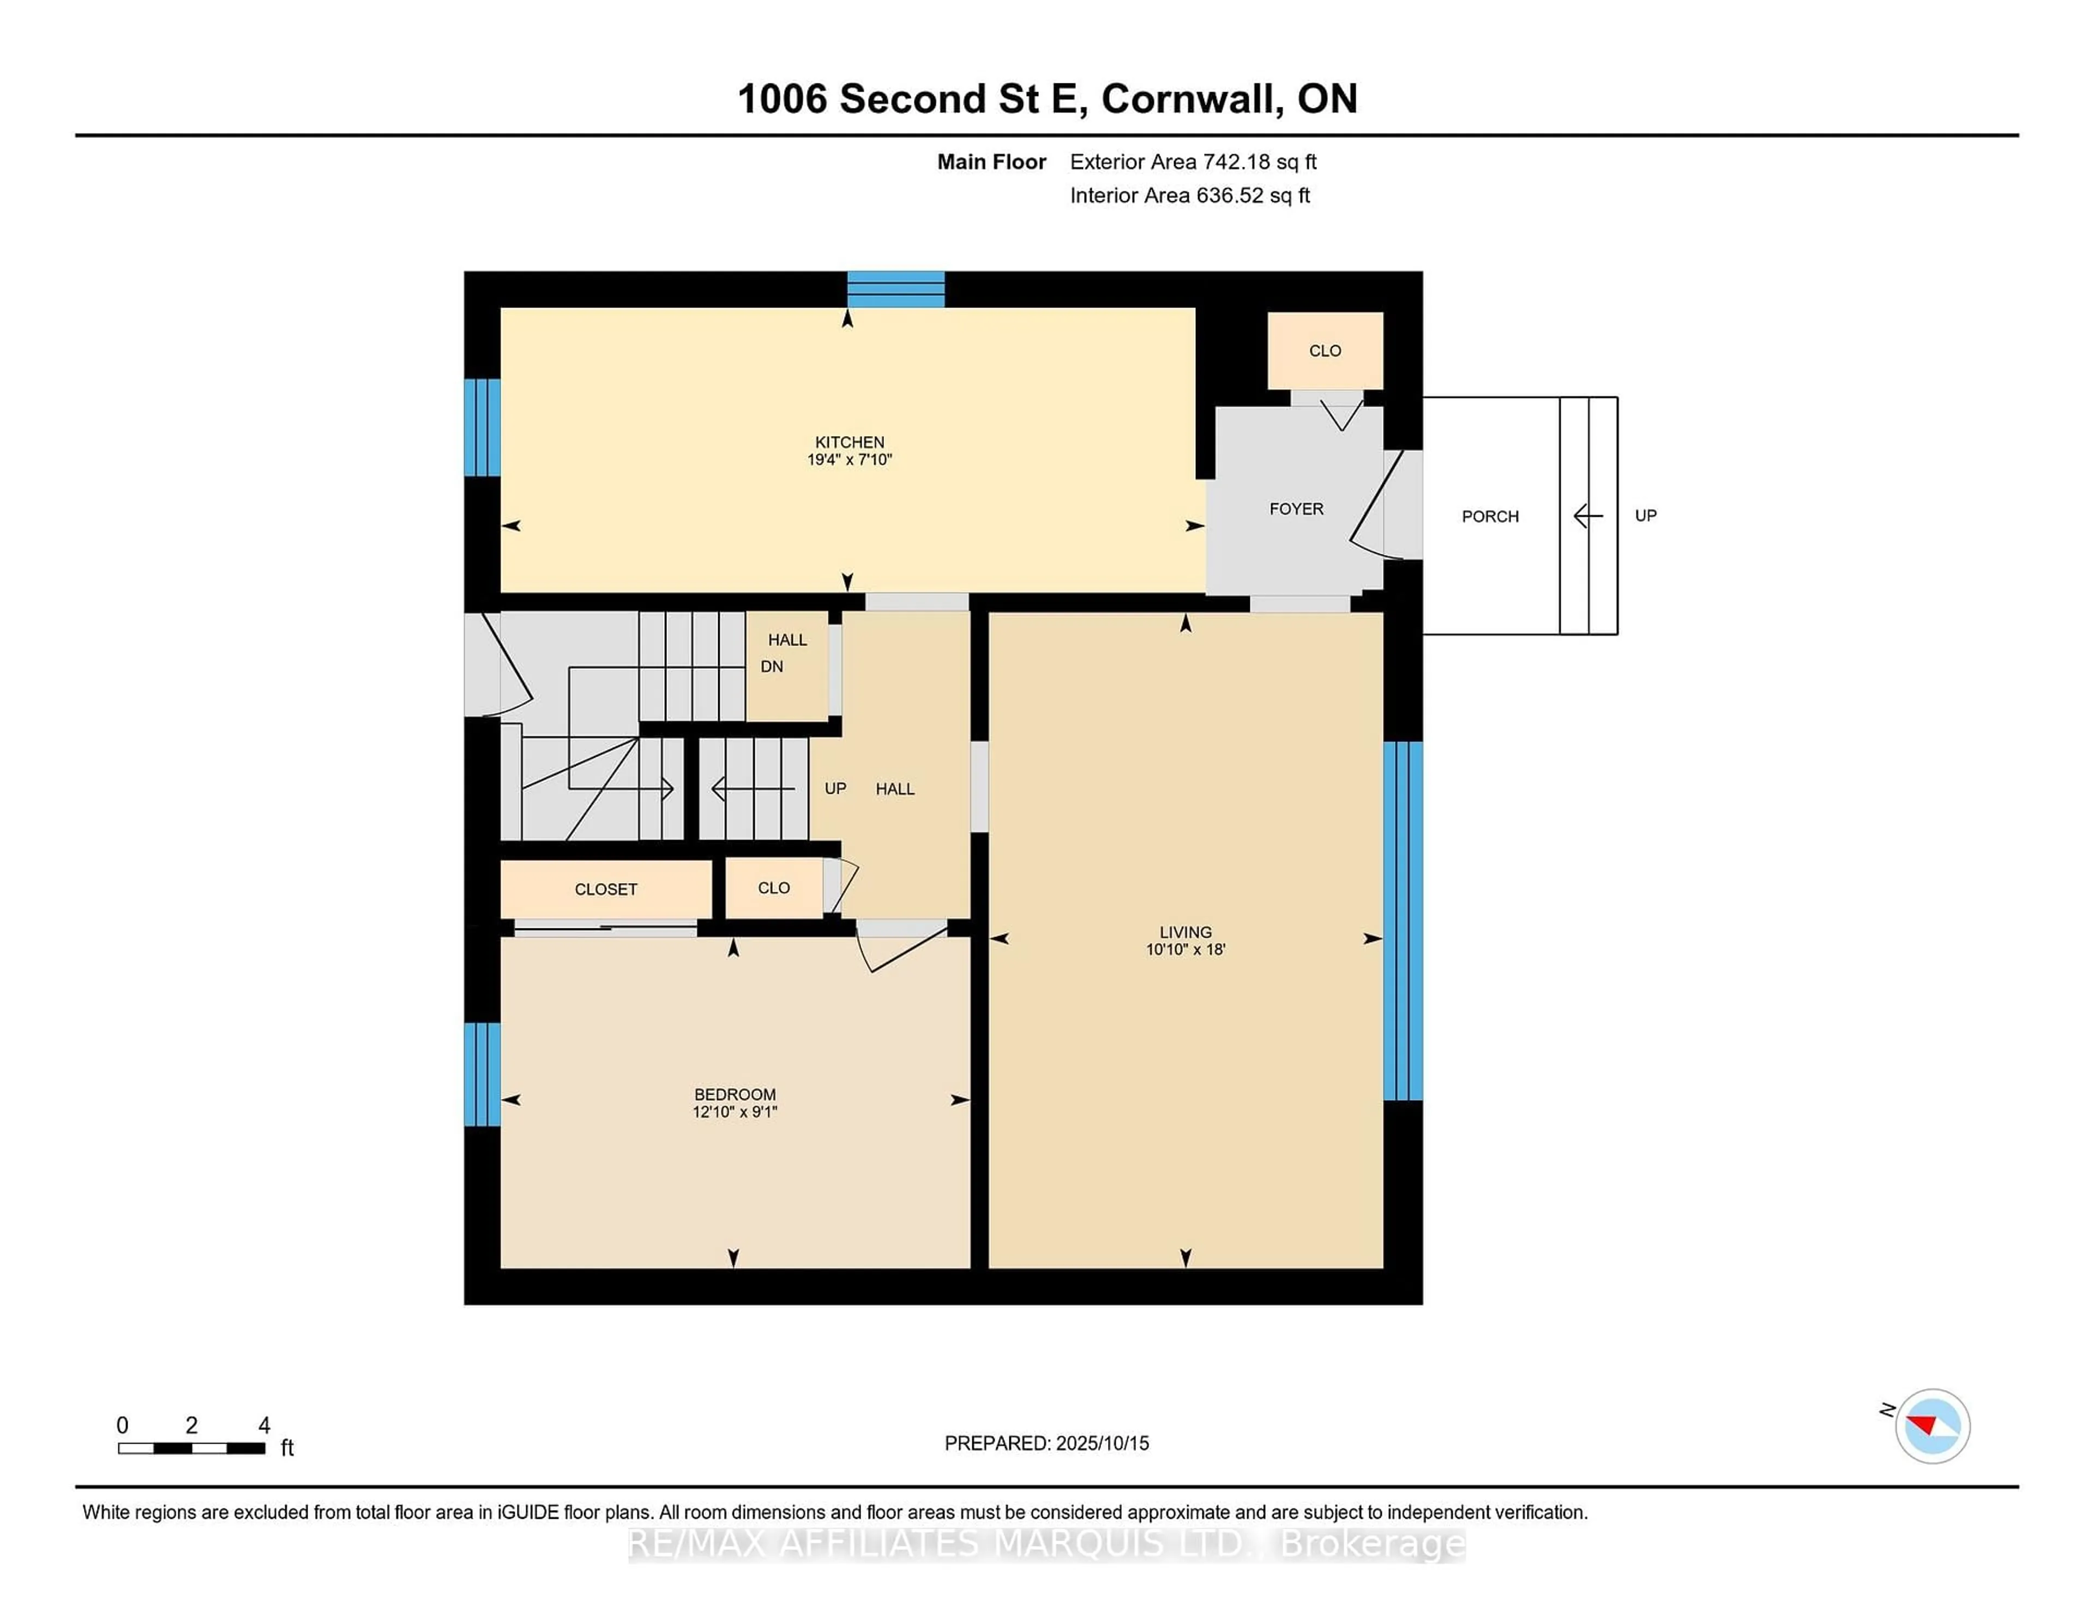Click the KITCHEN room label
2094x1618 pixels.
[850, 442]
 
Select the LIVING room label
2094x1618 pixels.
[1185, 932]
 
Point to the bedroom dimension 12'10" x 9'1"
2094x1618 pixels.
[735, 1112]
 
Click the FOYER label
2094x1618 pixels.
[1296, 509]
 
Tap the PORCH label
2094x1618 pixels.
[1490, 517]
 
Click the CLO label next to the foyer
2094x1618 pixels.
[1325, 351]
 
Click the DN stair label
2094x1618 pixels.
[772, 666]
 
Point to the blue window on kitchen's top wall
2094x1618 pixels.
[895, 289]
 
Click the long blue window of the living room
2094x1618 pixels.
[1403, 920]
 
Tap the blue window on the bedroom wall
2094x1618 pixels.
[482, 1073]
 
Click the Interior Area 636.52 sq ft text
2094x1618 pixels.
[1190, 196]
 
